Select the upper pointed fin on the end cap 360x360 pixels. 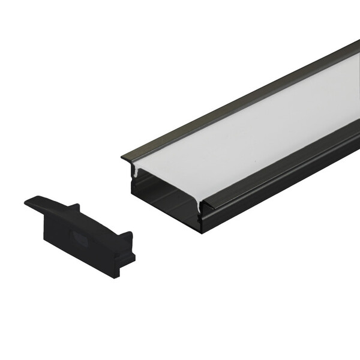[74, 208]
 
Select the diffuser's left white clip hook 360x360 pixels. [137, 173]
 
